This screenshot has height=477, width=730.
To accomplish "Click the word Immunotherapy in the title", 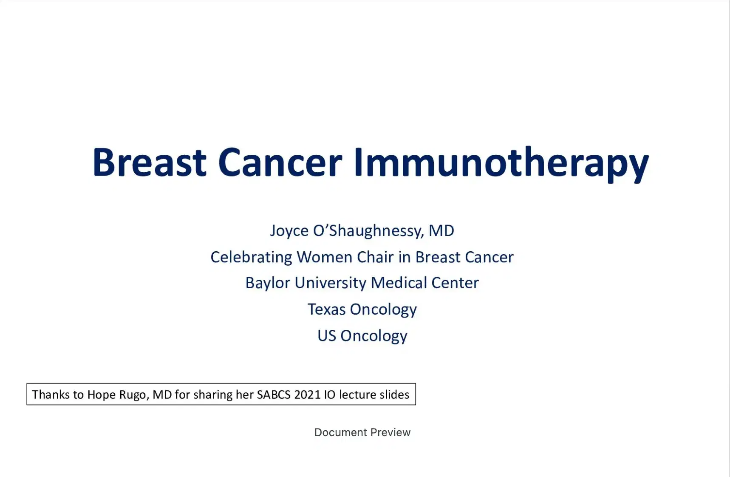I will tap(501, 163).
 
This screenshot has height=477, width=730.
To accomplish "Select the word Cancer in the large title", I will tap(280, 163).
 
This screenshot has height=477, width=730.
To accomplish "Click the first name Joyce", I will tap(289, 231).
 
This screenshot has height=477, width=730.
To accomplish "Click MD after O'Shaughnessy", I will tap(441, 231).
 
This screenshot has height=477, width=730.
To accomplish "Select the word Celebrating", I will tap(251, 257).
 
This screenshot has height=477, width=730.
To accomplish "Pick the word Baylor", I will tap(268, 283).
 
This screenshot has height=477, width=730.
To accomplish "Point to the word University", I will tap(330, 283).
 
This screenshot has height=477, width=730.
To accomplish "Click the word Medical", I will tap(399, 283).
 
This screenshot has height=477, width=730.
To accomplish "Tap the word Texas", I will tap(326, 309).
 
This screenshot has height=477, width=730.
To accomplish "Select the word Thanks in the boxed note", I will tap(51, 395).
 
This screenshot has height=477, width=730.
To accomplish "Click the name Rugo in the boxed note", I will tap(133, 395).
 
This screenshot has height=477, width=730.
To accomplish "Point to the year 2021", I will tap(307, 395).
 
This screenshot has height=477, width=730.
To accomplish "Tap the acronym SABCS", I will tap(274, 395).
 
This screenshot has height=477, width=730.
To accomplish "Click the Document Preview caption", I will tap(362, 432).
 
